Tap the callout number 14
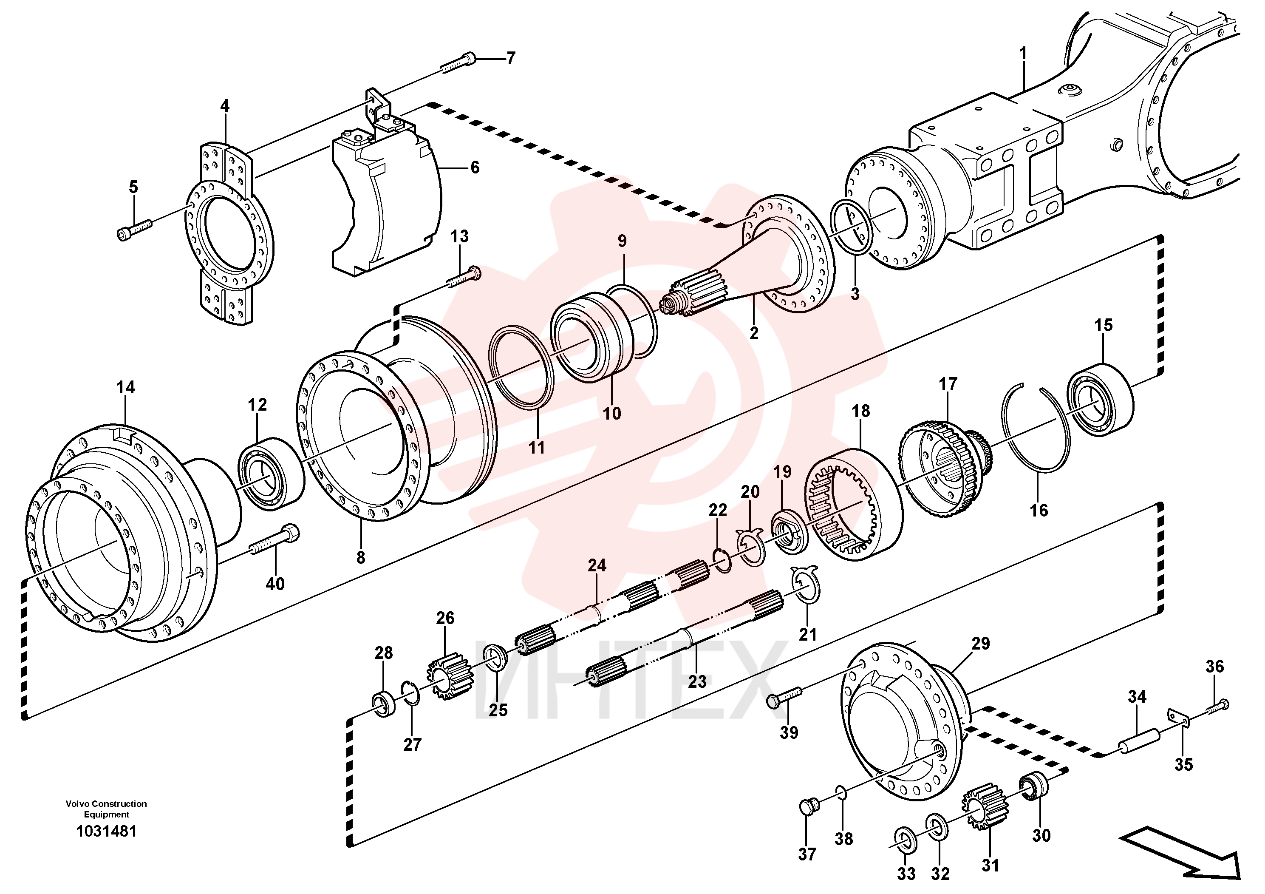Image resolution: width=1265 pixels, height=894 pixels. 126,387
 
